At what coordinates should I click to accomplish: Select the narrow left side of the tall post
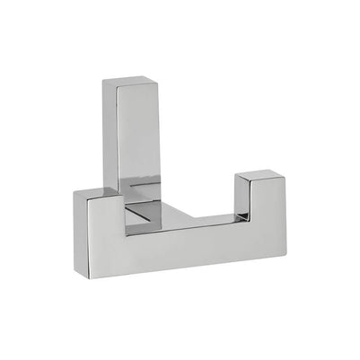[x=109, y=135]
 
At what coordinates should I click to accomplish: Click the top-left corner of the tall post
[x=102, y=80]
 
